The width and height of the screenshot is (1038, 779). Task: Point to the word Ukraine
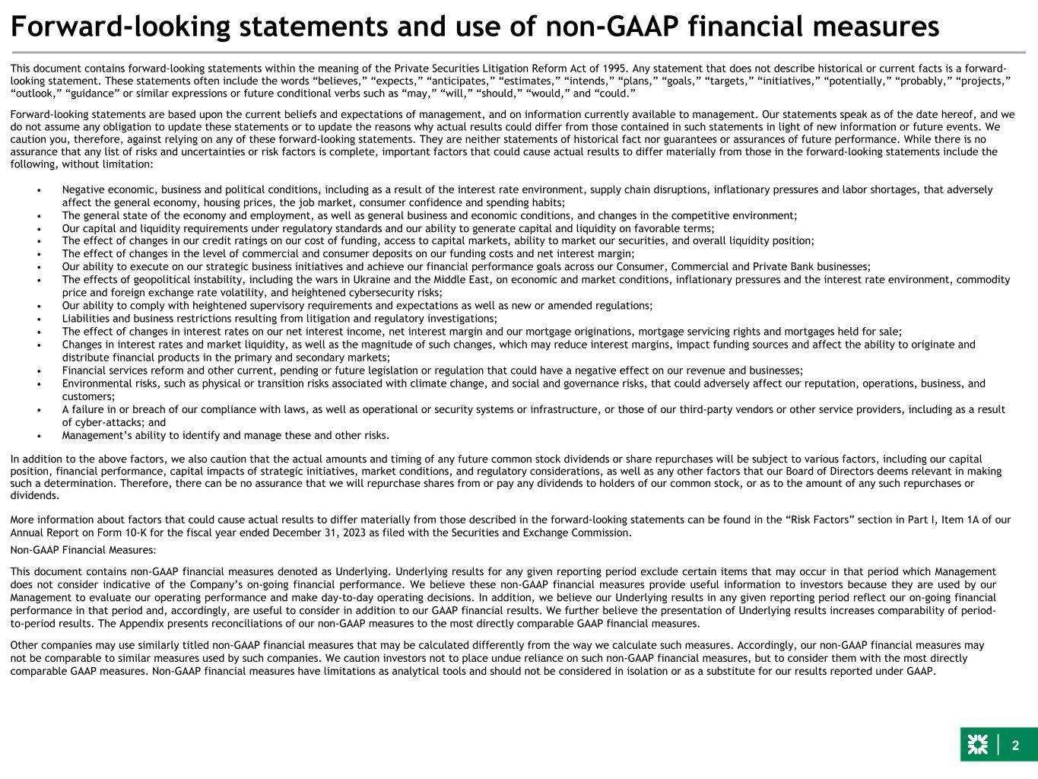click(x=373, y=280)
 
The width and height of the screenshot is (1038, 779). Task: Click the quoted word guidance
click(x=91, y=93)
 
